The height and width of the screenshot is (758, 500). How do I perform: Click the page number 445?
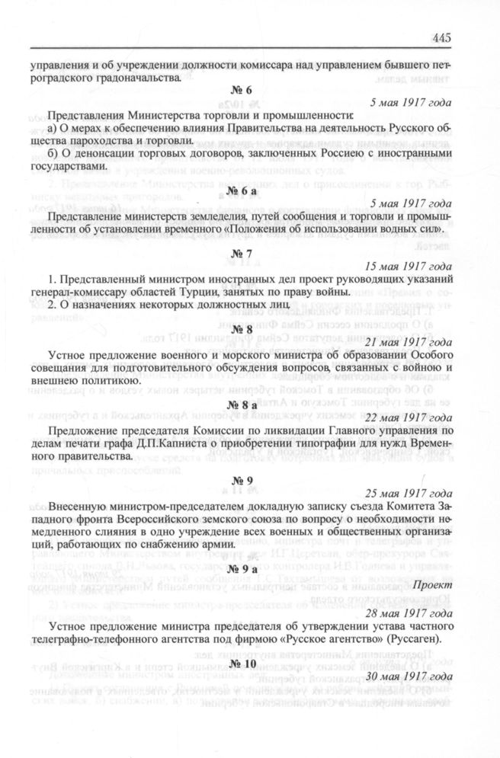click(x=441, y=39)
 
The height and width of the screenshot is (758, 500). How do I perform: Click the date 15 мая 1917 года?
click(x=408, y=267)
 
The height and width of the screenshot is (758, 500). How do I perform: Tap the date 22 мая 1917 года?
click(x=408, y=417)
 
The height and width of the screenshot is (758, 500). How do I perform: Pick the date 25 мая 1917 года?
click(x=408, y=493)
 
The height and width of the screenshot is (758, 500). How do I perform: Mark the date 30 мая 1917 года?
click(x=408, y=677)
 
